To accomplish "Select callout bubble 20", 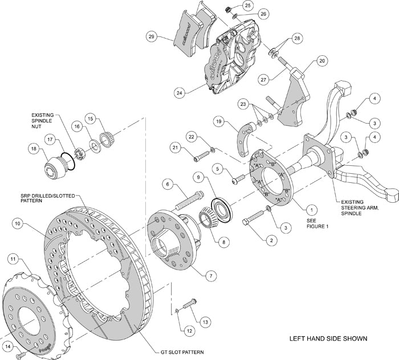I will click(321, 60).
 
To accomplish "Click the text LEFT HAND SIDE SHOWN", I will click(327, 338).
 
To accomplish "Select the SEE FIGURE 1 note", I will click(313, 223).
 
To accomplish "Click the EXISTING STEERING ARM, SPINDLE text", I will click(365, 206).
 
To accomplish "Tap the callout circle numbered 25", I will click(247, 5).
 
